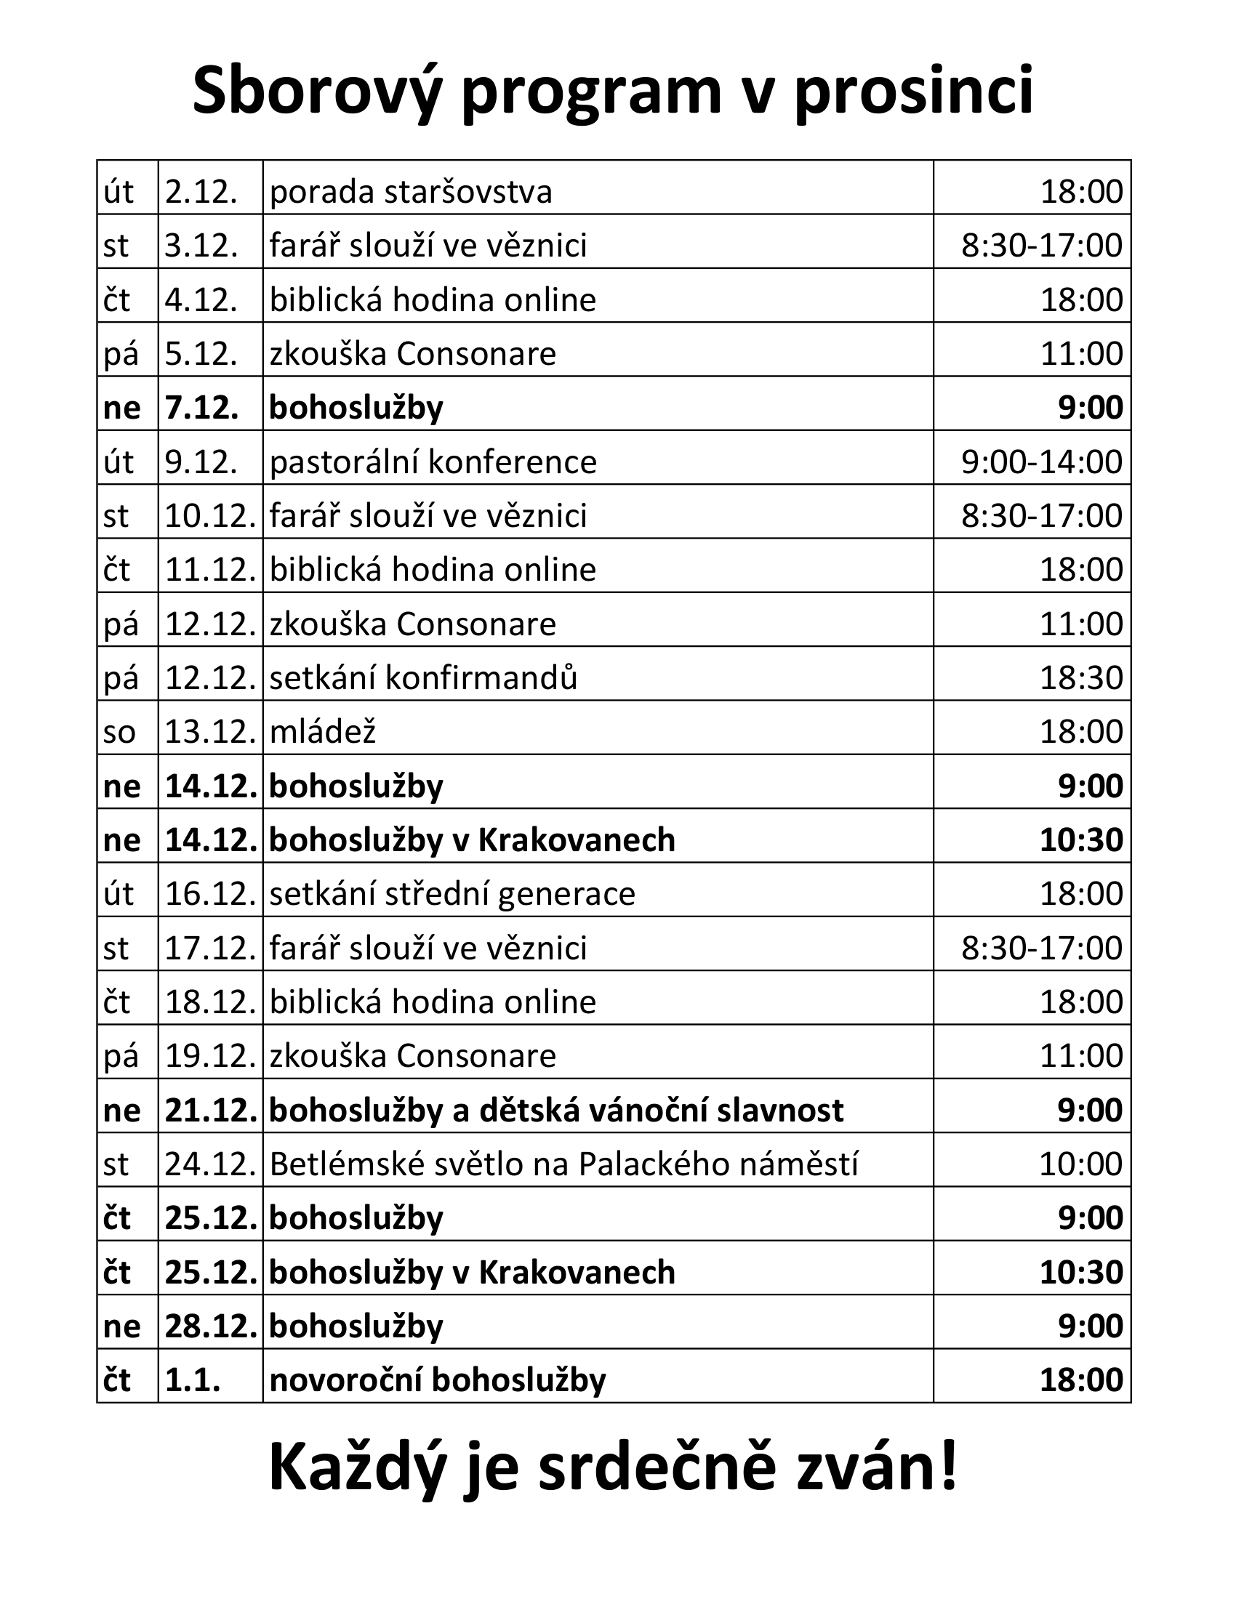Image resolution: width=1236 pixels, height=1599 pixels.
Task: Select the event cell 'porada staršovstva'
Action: point(411,192)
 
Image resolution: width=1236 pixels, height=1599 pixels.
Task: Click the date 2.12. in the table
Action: point(201,192)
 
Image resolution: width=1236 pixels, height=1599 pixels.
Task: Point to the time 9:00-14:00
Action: point(1041,462)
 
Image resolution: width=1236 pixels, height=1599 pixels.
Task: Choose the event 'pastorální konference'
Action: point(433,462)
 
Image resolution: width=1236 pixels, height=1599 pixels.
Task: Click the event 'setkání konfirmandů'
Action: point(423,678)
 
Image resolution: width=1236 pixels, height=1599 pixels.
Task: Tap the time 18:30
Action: point(1082,678)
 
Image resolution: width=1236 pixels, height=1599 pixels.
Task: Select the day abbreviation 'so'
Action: point(119,732)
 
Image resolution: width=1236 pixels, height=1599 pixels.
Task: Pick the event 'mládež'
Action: point(322,732)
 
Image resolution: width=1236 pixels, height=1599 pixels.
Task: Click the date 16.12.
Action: point(210,894)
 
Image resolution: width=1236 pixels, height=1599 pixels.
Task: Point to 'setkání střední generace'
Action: point(452,894)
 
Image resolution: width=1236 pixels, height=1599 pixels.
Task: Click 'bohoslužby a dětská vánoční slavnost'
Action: point(555,1111)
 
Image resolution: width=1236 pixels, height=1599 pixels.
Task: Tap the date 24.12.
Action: point(210,1164)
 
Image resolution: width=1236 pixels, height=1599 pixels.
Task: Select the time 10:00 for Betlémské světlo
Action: point(1080,1164)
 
